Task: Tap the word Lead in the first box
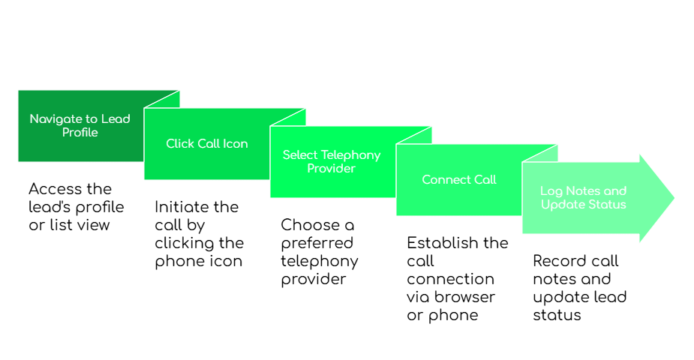[x=116, y=119]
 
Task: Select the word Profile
[x=80, y=133]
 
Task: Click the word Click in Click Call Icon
[x=180, y=144]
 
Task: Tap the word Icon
[x=236, y=144]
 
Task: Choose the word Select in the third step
[x=300, y=155]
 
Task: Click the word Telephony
[x=351, y=155]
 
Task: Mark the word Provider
[x=332, y=169]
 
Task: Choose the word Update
[x=562, y=205]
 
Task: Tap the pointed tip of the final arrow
[x=674, y=198]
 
